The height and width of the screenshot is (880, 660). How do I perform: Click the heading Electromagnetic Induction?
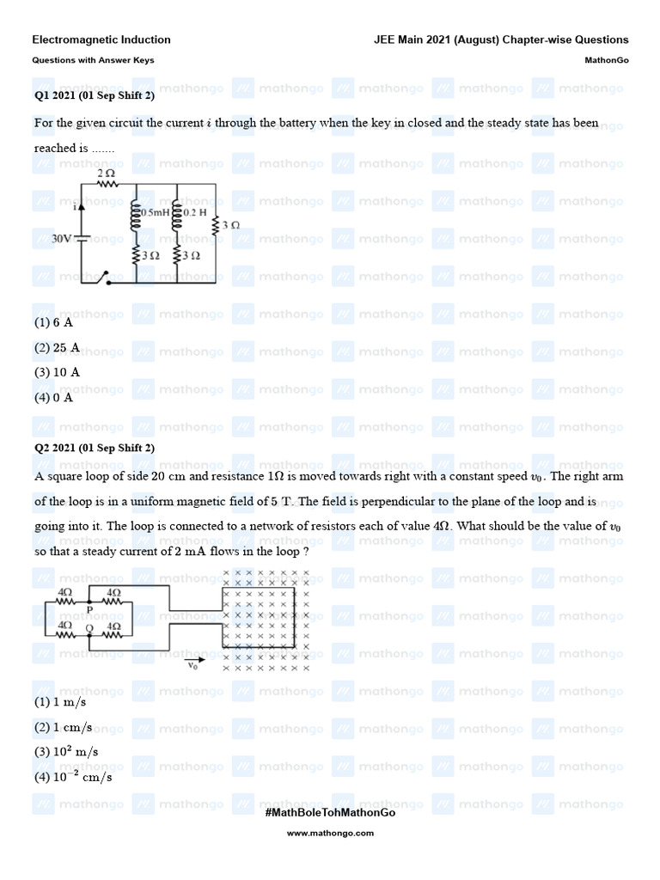click(x=101, y=40)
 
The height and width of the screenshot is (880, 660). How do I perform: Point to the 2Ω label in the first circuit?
click(x=106, y=173)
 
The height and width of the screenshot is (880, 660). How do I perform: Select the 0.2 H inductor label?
click(x=197, y=211)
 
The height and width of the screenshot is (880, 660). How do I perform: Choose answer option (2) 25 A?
click(x=58, y=348)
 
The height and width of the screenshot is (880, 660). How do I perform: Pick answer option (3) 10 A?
click(x=58, y=372)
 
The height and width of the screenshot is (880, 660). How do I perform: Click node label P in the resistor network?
click(x=89, y=609)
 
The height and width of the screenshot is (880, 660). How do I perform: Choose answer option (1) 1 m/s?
click(x=62, y=702)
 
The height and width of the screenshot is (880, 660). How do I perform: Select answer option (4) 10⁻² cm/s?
click(x=73, y=776)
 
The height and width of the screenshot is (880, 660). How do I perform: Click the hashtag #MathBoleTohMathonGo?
click(x=330, y=812)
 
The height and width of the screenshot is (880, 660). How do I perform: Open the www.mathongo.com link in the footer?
click(x=330, y=833)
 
